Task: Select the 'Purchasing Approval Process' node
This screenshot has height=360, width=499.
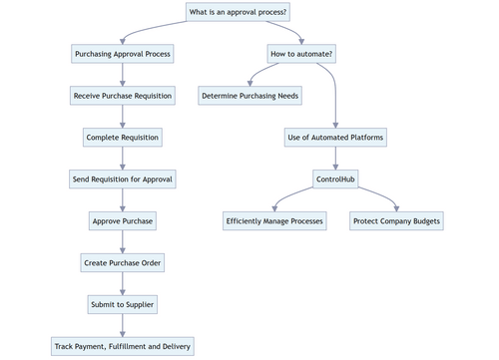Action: click(123, 54)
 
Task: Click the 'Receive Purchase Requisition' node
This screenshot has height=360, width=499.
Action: click(123, 96)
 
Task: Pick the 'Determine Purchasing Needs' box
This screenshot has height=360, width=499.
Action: click(250, 96)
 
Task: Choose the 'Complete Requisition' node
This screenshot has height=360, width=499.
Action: click(123, 138)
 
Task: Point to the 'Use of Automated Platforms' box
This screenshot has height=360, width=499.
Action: click(335, 138)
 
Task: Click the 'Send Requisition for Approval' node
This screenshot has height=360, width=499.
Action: click(123, 180)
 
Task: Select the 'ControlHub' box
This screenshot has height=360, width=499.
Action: click(335, 180)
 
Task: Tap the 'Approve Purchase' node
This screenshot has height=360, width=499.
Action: click(123, 221)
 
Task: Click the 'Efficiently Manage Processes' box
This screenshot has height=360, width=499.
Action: click(274, 221)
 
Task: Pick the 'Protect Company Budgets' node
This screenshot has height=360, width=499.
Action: click(396, 221)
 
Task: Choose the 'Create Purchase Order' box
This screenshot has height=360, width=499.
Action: click(123, 263)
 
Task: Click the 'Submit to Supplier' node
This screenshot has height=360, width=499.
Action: click(123, 304)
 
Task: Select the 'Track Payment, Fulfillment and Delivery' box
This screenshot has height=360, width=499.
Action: click(123, 346)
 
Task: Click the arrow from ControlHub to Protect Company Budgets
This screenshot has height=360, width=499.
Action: click(379, 197)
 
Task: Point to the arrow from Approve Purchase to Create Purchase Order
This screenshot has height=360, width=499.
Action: click(123, 242)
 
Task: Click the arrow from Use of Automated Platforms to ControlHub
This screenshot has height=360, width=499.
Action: click(335, 159)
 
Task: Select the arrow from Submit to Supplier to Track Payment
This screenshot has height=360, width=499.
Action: click(123, 325)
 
